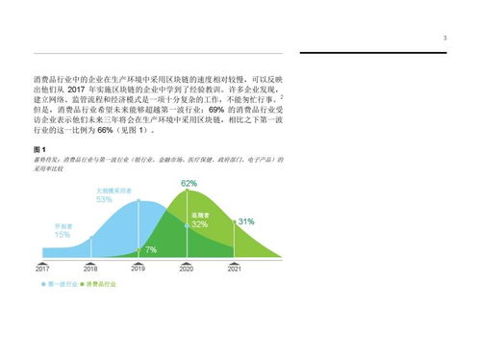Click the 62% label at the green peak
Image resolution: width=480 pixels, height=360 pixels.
pyautogui.click(x=189, y=184)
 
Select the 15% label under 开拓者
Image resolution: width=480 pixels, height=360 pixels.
pyautogui.click(x=62, y=235)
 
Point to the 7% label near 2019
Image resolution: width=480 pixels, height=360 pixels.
pyautogui.click(x=150, y=250)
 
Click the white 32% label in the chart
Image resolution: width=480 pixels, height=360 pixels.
pyautogui.click(x=199, y=224)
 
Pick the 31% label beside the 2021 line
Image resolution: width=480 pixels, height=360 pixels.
pyautogui.click(x=246, y=221)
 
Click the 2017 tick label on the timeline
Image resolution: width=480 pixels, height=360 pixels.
pyautogui.click(x=42, y=270)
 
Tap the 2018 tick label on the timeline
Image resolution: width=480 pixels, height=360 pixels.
pyautogui.click(x=90, y=270)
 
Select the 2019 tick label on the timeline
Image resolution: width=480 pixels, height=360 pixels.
pyautogui.click(x=139, y=270)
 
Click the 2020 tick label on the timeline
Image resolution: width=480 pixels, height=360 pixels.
pyautogui.click(x=186, y=270)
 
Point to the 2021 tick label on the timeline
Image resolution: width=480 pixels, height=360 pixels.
pyautogui.click(x=234, y=270)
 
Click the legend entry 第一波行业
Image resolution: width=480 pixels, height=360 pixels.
pyautogui.click(x=60, y=286)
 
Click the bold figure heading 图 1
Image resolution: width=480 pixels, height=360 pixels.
pyautogui.click(x=39, y=150)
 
